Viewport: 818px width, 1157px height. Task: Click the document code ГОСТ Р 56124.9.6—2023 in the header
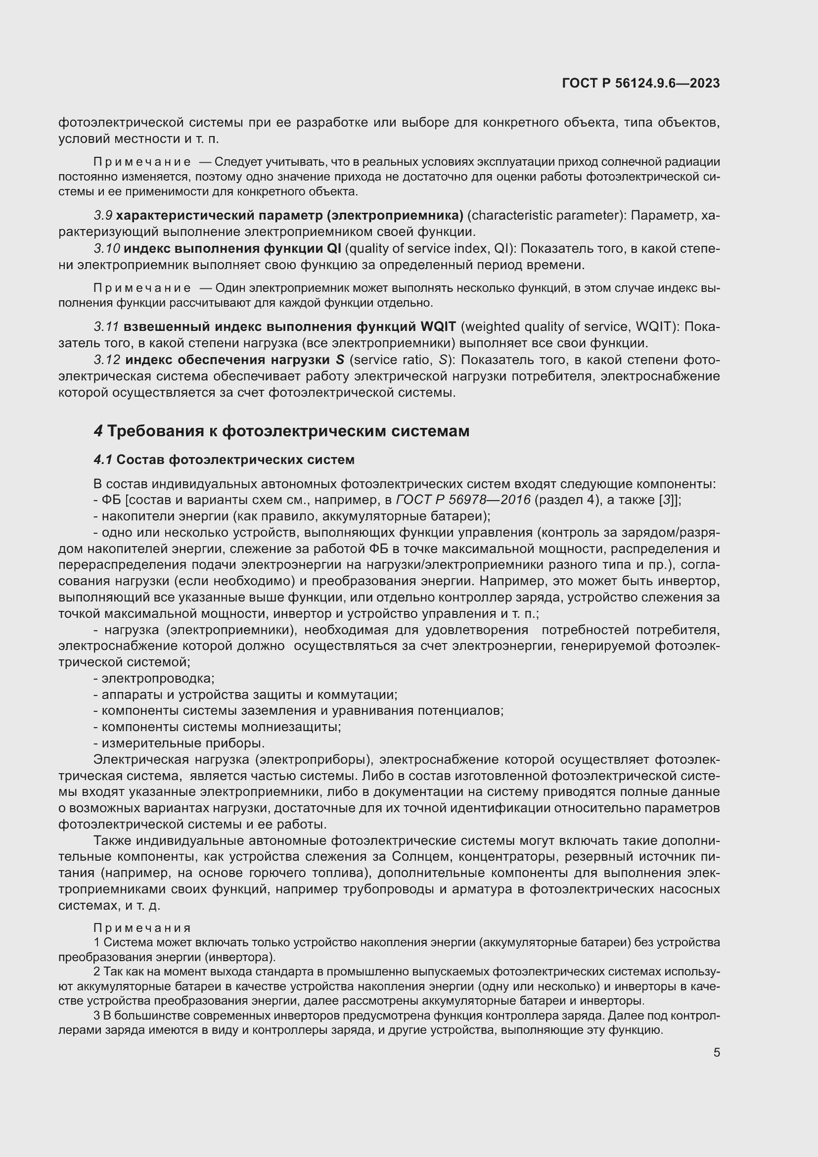point(640,83)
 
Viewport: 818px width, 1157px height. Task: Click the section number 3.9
point(103,216)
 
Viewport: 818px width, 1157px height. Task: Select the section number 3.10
point(106,248)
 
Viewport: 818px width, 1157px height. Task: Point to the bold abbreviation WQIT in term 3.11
point(438,326)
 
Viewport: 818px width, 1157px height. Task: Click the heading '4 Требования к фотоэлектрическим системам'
point(281,431)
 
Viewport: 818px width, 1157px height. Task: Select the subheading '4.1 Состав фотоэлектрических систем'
point(224,460)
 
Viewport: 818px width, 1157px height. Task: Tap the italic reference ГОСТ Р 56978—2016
point(463,500)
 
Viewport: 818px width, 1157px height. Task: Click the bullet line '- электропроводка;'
point(154,678)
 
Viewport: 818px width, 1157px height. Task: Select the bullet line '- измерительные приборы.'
point(179,743)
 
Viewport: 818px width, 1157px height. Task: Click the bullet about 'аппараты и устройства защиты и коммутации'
point(245,694)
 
